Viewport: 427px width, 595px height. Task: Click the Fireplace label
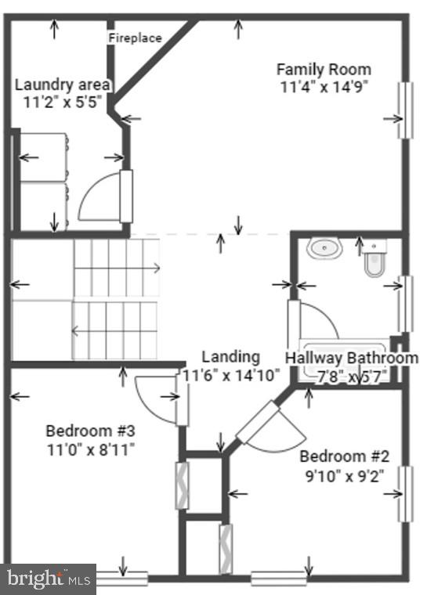pos(135,38)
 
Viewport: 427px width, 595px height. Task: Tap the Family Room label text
pos(324,69)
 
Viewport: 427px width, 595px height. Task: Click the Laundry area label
pos(63,85)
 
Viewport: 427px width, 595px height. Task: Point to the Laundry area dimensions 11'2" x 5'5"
pos(63,103)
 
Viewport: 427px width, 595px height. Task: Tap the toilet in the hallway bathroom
pos(375,262)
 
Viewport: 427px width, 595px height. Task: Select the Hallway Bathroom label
pos(350,358)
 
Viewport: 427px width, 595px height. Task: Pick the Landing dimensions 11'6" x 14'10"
pos(230,375)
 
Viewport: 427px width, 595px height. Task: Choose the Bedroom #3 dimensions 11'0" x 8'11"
pos(91,449)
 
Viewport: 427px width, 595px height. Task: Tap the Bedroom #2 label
pos(345,456)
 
